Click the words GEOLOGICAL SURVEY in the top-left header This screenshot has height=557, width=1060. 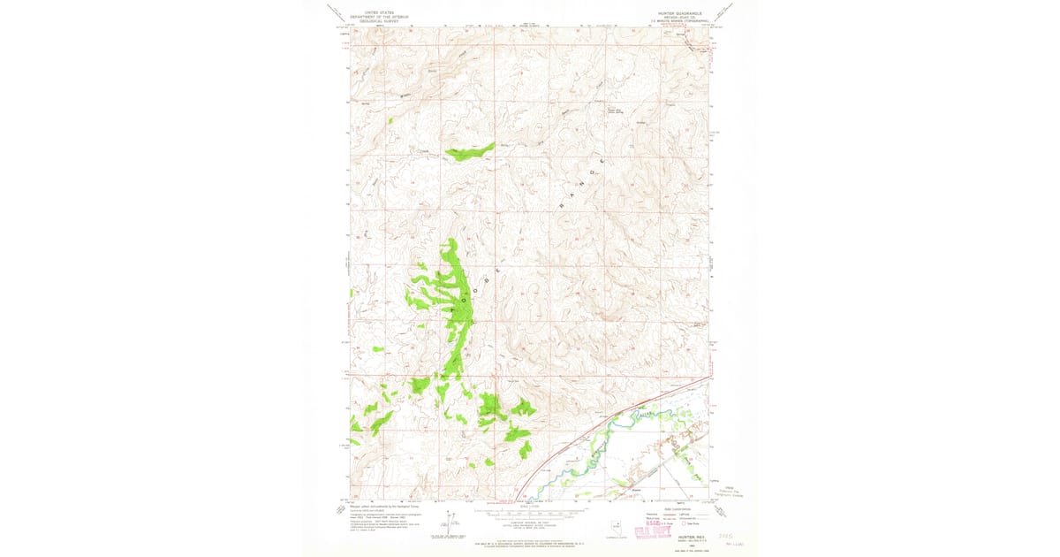click(x=375, y=19)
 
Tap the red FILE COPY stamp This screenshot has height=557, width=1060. click(x=654, y=529)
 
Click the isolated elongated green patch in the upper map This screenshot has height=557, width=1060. click(x=468, y=153)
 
